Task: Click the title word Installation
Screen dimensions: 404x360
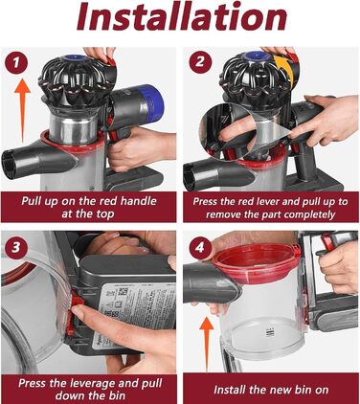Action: tap(179, 20)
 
